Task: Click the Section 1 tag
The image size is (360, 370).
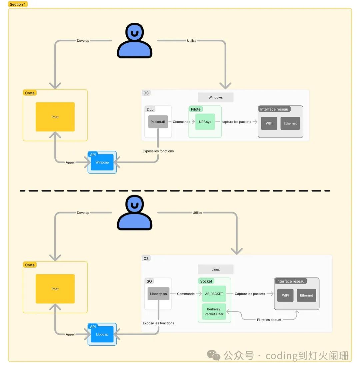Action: pyautogui.click(x=18, y=4)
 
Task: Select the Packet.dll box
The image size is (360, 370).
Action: pyautogui.click(x=158, y=122)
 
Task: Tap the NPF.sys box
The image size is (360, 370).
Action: pyautogui.click(x=205, y=122)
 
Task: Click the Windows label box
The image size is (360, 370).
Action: pyautogui.click(x=215, y=97)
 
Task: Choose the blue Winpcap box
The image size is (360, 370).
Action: pyautogui.click(x=102, y=162)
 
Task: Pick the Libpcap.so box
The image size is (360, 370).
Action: pyautogui.click(x=158, y=294)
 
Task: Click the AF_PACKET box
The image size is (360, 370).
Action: pyautogui.click(x=214, y=294)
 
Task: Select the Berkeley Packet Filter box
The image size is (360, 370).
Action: pyautogui.click(x=214, y=312)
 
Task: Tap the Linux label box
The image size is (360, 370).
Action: pyautogui.click(x=215, y=269)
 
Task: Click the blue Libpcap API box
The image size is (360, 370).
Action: pyautogui.click(x=102, y=334)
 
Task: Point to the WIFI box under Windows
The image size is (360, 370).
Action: pyautogui.click(x=269, y=123)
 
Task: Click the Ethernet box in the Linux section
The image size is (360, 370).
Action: pyautogui.click(x=306, y=295)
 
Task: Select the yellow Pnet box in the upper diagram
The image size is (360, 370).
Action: pyautogui.click(x=55, y=117)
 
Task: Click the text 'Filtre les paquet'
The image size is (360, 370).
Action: pyautogui.click(x=269, y=320)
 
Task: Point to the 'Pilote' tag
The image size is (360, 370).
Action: pyautogui.click(x=196, y=109)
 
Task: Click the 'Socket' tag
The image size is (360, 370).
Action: pyautogui.click(x=206, y=281)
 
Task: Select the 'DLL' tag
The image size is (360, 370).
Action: pyautogui.click(x=150, y=109)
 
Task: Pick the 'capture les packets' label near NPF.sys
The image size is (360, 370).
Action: pyautogui.click(x=236, y=122)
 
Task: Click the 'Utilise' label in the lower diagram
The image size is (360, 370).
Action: pyautogui.click(x=197, y=213)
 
